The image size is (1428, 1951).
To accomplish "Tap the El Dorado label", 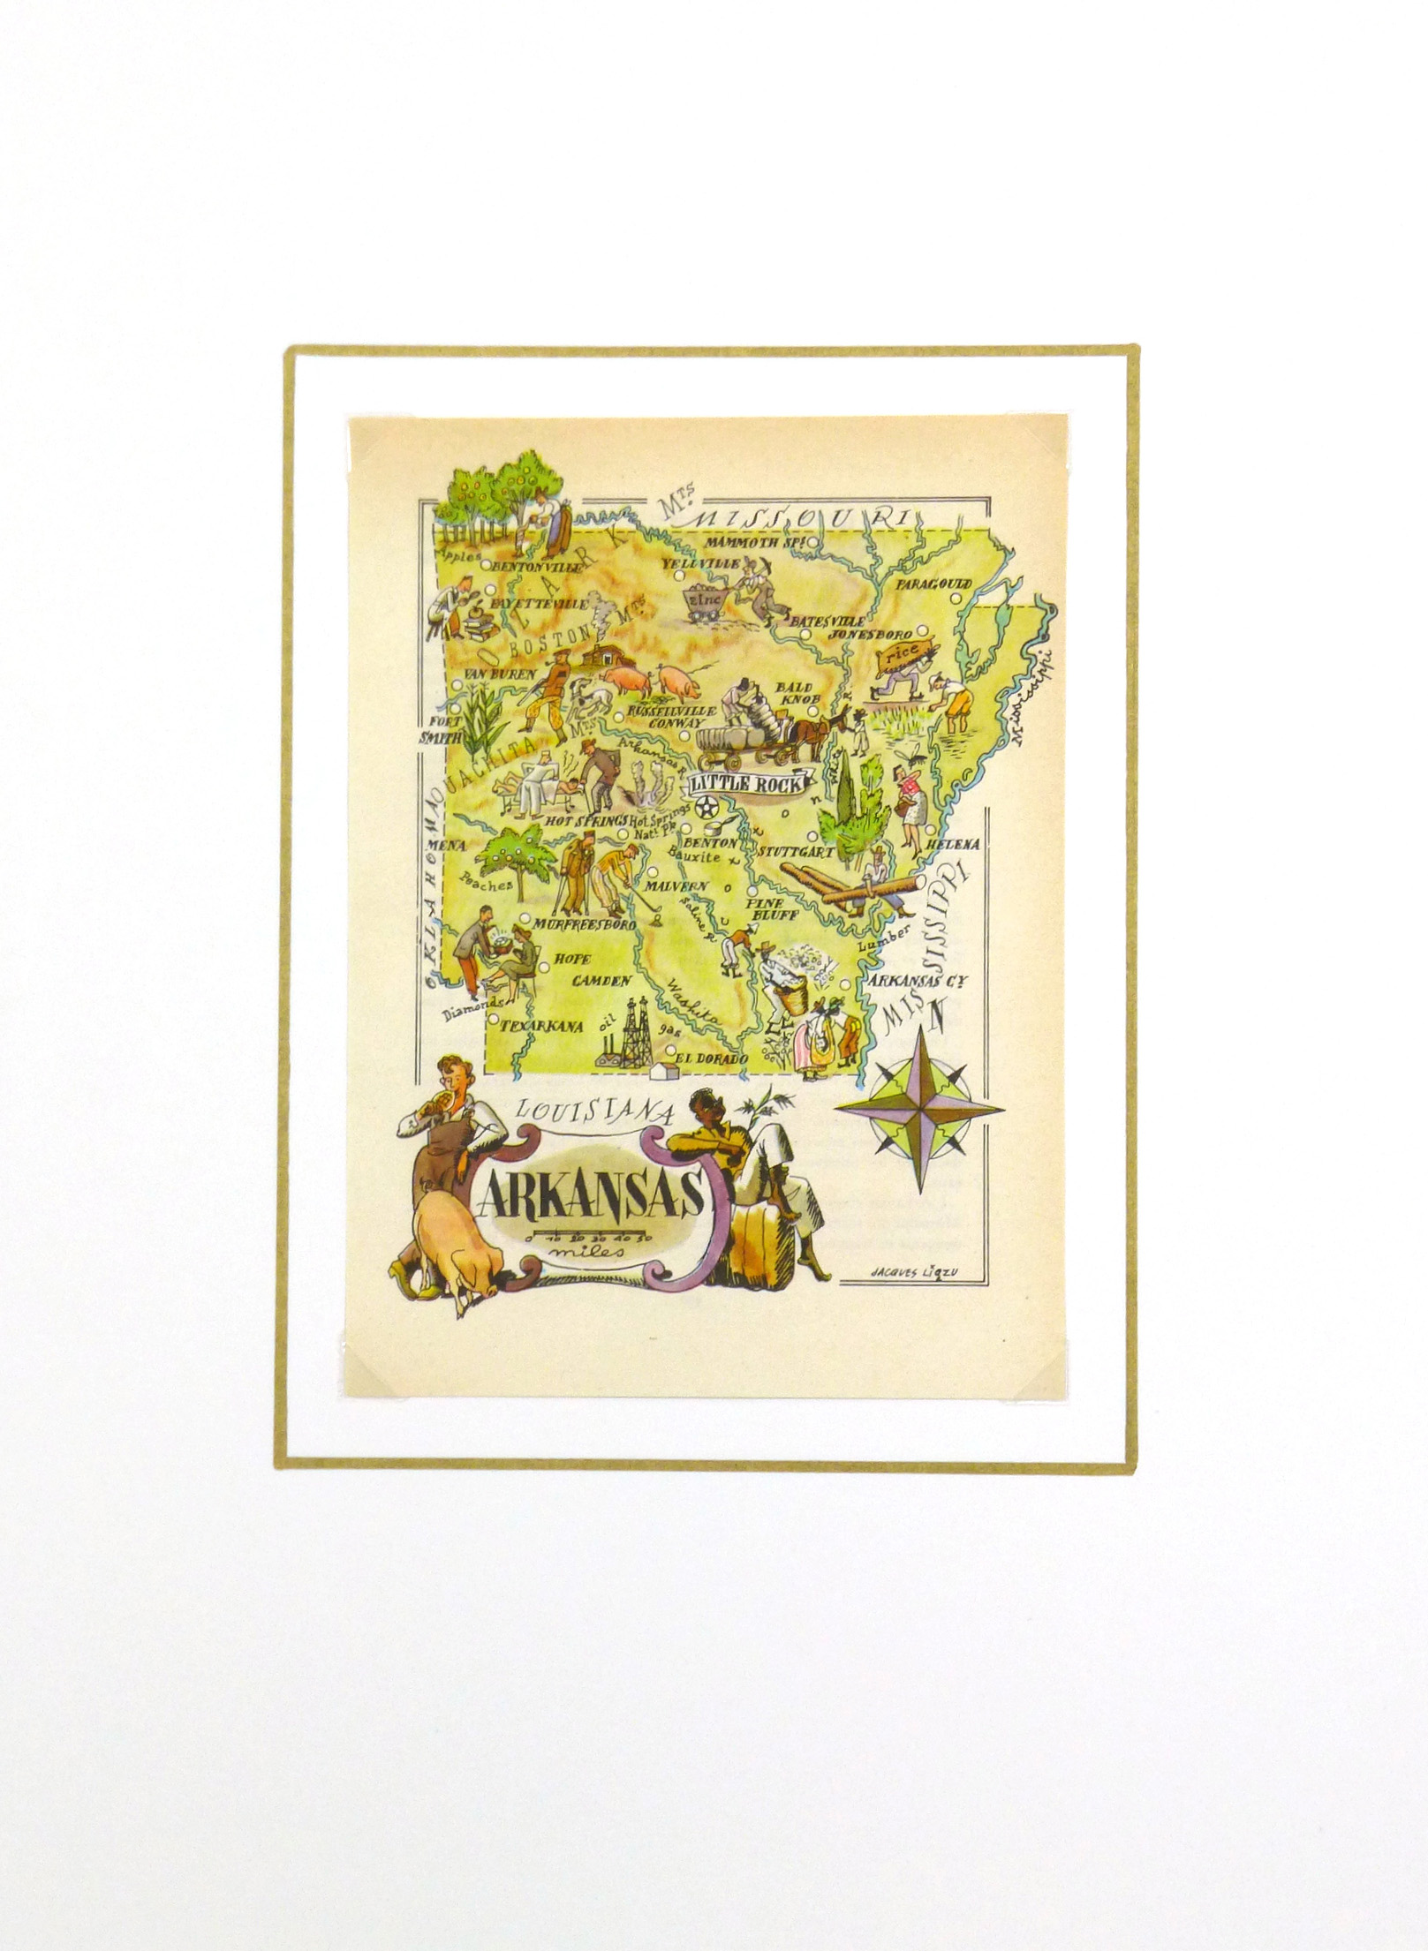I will [x=712, y=1058].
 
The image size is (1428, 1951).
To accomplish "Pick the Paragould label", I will [x=933, y=584].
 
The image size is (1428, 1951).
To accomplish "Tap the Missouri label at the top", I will [x=800, y=520].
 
